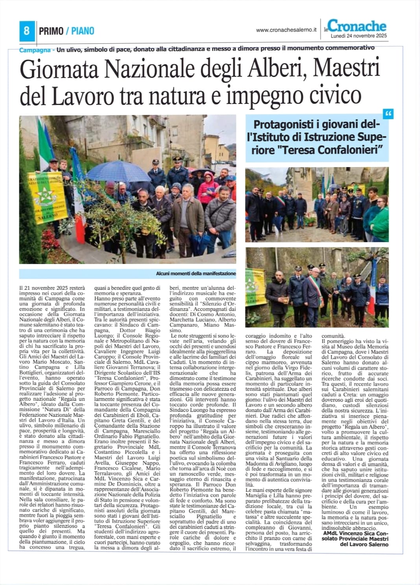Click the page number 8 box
pos(26,31)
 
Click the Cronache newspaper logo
pos(356,26)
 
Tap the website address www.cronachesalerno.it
pos(286,29)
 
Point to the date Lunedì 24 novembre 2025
pos(359,36)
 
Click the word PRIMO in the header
pos(51,31)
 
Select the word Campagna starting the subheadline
pos(35,50)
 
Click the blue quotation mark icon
pos(389,114)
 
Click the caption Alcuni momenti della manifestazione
pos(196,273)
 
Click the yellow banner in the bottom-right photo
pos(255,293)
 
